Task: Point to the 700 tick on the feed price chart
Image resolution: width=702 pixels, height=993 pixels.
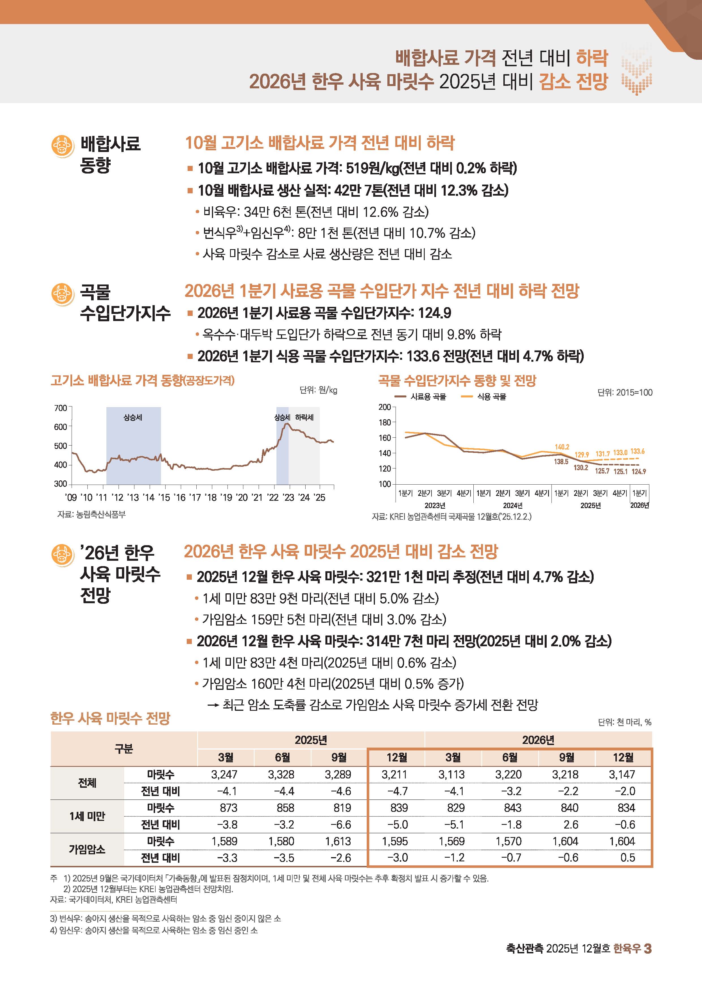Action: [61, 408]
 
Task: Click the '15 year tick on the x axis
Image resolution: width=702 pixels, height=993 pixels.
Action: [164, 497]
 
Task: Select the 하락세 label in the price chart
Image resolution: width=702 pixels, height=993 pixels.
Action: [304, 417]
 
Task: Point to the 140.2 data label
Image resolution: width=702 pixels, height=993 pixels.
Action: [562, 447]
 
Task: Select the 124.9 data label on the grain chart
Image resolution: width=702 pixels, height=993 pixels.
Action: [638, 471]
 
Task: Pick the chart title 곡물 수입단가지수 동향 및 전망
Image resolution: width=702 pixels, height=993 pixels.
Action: [457, 381]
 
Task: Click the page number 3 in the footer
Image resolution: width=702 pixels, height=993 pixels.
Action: [648, 949]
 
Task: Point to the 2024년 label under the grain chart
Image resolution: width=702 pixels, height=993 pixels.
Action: [513, 505]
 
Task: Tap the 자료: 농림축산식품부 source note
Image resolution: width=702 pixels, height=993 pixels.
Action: [92, 514]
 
